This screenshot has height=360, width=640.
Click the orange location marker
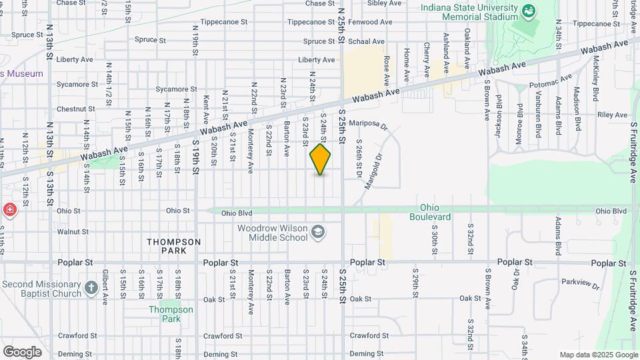click(320, 159)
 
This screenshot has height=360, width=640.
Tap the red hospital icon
click(10, 211)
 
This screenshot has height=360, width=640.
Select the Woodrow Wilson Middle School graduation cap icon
click(319, 232)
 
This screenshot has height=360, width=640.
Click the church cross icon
click(91, 289)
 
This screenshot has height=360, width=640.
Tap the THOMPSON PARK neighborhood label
click(173, 246)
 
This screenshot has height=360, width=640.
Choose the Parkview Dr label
click(581, 284)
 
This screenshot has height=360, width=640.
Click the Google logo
click(22, 351)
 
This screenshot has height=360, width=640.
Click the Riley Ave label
click(613, 115)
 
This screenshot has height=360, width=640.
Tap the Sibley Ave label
click(384, 3)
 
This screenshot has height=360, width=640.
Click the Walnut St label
click(73, 232)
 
